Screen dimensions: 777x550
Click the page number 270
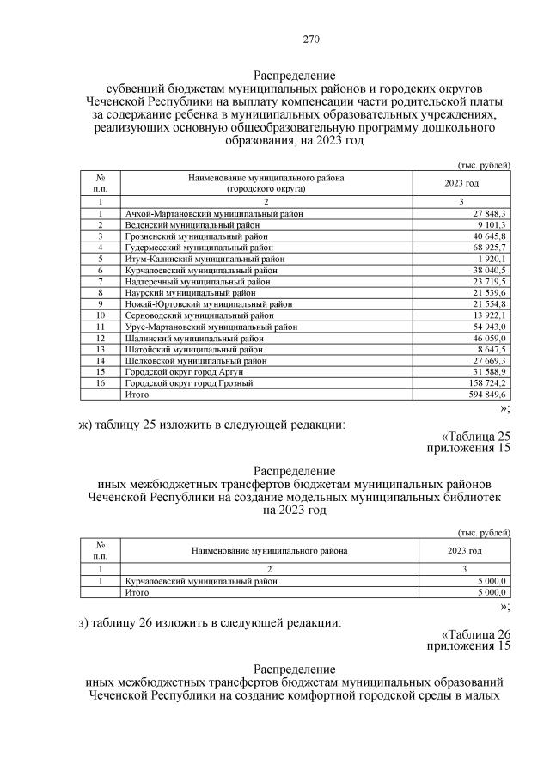pos(311,39)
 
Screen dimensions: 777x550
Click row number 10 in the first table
pos(101,315)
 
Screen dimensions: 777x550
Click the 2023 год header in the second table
pos(464,550)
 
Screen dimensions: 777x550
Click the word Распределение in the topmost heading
pos(294,75)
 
